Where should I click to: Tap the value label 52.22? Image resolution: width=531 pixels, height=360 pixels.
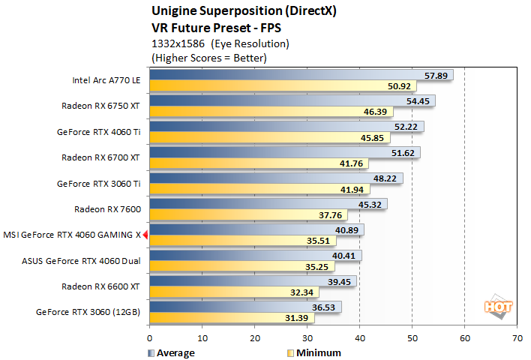408,127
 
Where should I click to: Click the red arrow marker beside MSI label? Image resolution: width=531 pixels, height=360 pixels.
145,235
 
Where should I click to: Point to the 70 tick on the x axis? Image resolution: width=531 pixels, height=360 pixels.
517,338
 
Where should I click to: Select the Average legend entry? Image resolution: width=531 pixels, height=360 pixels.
172,352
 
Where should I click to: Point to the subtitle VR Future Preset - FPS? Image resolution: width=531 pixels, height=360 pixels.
208,27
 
